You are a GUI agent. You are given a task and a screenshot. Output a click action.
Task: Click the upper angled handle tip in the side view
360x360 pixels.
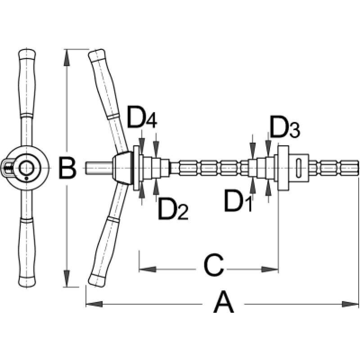(96, 57)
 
